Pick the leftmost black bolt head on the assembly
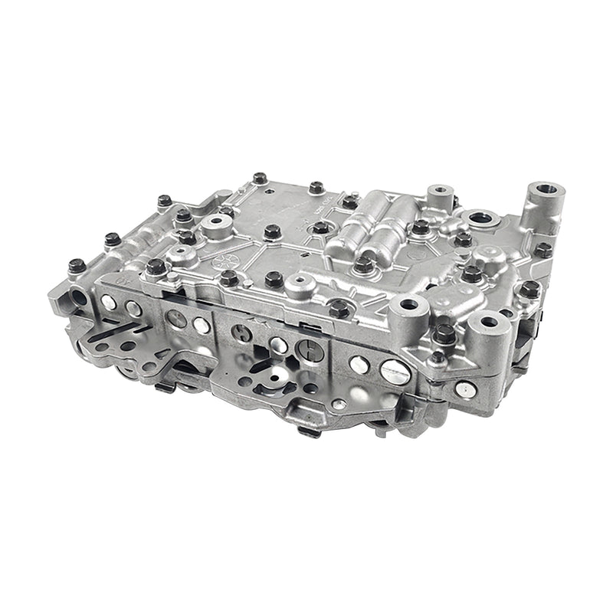[75, 266]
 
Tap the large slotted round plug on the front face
[394, 372]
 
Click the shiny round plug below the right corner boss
[462, 390]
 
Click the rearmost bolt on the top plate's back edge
[261, 179]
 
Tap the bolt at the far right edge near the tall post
[543, 249]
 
